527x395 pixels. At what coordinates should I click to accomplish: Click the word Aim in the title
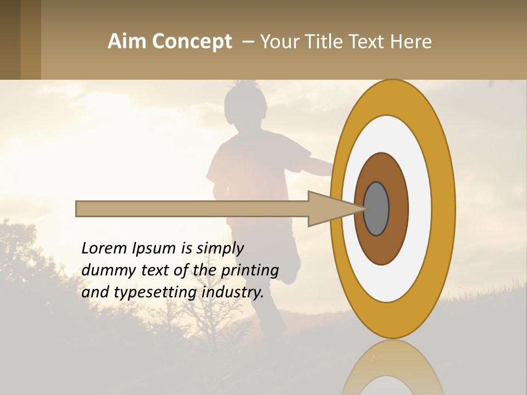point(127,42)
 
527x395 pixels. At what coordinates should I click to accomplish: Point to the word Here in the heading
point(411,42)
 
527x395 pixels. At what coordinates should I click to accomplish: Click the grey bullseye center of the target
point(377,209)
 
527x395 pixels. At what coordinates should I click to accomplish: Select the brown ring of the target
point(398,209)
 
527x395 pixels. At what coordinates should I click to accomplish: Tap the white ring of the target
point(419,209)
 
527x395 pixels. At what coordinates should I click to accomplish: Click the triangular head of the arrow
point(329,209)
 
